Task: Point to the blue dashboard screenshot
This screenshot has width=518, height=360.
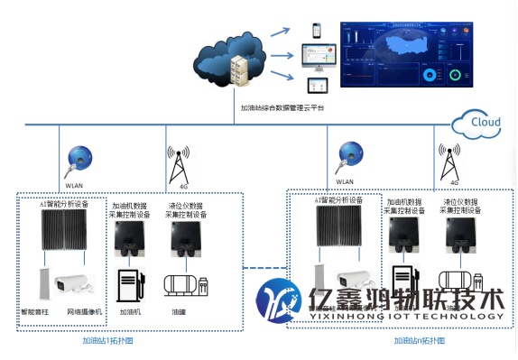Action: (x=406, y=54)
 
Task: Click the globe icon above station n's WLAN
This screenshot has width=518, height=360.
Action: (x=346, y=155)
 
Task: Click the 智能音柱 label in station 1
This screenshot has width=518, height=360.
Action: (x=35, y=311)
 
